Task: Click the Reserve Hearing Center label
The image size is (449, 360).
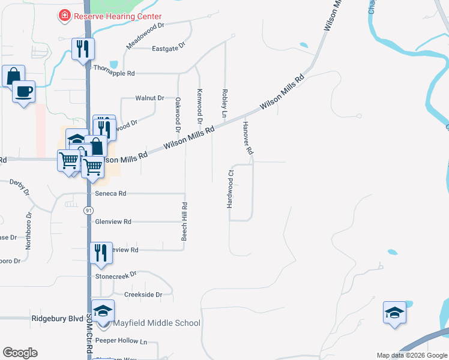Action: [118, 16]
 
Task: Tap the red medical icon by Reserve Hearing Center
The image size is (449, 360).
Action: [64, 16]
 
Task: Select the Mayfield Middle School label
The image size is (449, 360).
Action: [157, 323]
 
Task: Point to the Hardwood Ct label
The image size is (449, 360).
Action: [229, 188]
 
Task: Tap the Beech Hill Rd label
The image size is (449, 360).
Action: [185, 222]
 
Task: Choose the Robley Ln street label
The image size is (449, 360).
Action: [224, 104]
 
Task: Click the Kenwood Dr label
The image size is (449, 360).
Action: [199, 103]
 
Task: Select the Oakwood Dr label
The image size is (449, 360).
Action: [178, 115]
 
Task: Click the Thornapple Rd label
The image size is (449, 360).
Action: [114, 73]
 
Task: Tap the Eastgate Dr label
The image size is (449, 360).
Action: [169, 49]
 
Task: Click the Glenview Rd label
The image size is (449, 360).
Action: [113, 221]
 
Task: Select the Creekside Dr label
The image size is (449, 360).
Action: [143, 295]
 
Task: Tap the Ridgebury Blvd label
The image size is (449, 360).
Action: [57, 319]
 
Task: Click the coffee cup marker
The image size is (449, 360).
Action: [23, 92]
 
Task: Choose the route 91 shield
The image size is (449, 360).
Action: [88, 211]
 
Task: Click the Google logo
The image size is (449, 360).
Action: [20, 353]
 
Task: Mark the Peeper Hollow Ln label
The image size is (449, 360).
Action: [121, 340]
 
